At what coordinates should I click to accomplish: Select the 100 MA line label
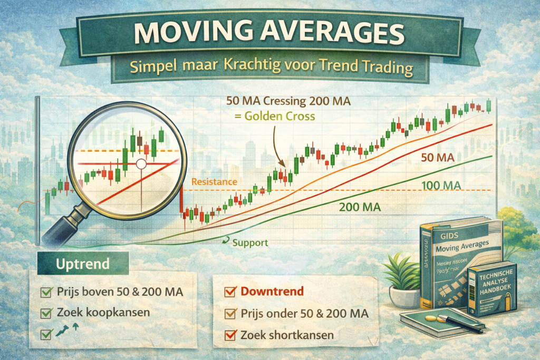point(442,185)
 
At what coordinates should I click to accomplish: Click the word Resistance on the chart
point(214,182)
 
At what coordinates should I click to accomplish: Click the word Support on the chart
point(250,243)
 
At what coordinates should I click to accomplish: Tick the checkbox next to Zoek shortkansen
point(229,335)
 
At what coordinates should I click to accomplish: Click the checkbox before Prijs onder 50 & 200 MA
point(229,314)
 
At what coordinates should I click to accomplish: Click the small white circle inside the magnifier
point(141,164)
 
